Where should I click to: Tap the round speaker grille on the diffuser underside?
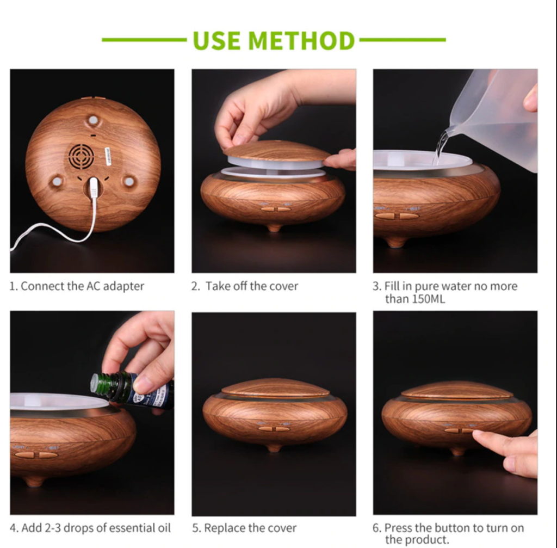(82, 156)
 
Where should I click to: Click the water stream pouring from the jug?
(441, 146)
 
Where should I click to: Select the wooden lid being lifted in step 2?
(277, 151)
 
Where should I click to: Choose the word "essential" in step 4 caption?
(132, 528)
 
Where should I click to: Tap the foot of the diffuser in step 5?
(274, 448)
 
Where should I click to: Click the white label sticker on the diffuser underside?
(108, 156)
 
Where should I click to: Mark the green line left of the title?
(144, 40)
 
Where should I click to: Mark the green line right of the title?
(403, 40)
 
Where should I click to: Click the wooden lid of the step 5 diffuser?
(275, 387)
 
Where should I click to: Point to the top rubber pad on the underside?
(93, 120)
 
